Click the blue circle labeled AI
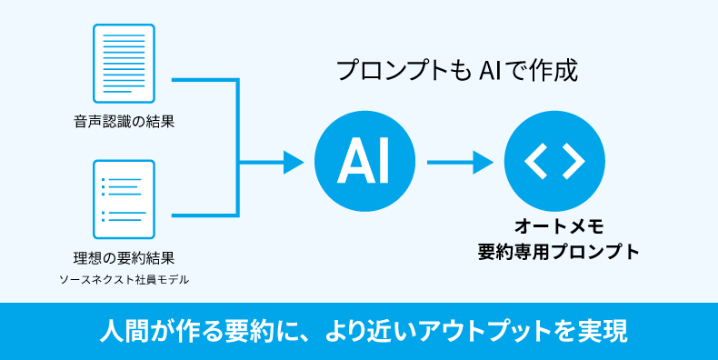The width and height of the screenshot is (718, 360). pos(364,163)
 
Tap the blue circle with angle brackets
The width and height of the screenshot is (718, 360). pos(553,163)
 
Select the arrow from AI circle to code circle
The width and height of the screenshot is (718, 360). pos(459,163)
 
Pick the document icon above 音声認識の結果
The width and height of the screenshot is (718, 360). pos(124,63)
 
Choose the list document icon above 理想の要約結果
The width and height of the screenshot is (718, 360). pos(124,199)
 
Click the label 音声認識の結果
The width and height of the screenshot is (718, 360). pos(124,121)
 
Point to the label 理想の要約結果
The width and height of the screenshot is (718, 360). pos(124,258)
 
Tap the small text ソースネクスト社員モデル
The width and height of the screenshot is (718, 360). pos(124,279)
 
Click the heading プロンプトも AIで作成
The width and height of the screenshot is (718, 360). pos(456,71)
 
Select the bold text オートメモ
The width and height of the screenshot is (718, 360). pos(553,225)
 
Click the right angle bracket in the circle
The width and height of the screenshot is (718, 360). pos(573,163)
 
